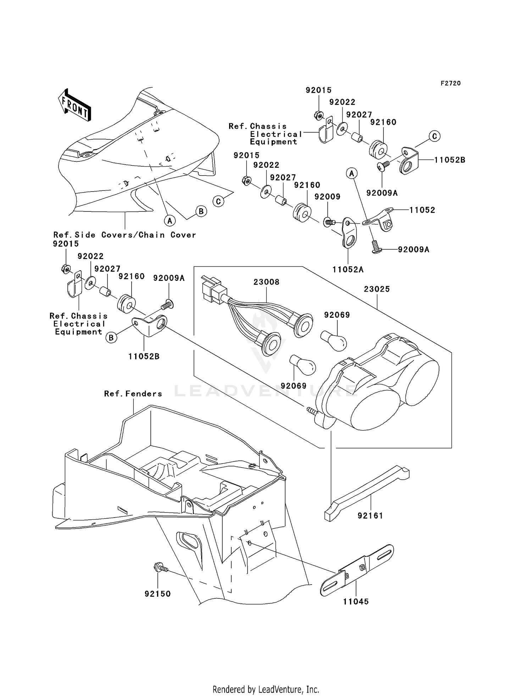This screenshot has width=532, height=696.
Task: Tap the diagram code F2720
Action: click(451, 83)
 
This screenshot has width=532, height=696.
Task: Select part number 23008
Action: click(266, 282)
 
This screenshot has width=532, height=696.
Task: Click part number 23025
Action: click(377, 289)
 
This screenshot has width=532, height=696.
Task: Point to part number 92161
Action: click(370, 515)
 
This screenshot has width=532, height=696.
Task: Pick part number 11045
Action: click(356, 602)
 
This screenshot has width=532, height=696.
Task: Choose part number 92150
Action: click(157, 594)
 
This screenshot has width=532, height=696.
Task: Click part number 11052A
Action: click(348, 270)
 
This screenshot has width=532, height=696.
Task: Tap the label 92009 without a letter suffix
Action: click(327, 197)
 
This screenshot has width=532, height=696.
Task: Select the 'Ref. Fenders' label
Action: click(133, 394)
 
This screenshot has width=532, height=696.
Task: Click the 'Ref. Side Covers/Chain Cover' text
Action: click(124, 235)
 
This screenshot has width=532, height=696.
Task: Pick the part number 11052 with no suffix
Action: click(422, 210)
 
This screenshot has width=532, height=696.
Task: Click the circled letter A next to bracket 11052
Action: click(352, 173)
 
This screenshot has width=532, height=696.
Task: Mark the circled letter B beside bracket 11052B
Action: click(111, 338)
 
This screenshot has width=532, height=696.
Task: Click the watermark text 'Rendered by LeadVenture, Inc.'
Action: click(266, 689)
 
